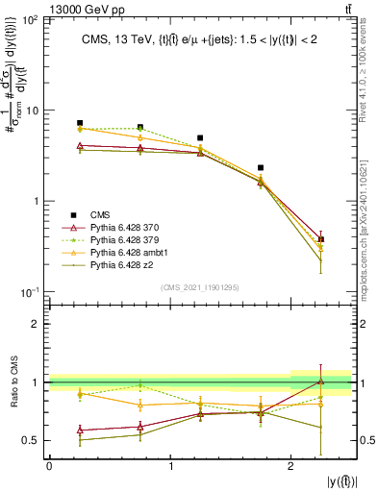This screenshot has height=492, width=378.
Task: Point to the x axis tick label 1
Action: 170,465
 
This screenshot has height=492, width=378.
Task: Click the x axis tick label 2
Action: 291,465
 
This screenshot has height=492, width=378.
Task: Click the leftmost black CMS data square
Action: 80,123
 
